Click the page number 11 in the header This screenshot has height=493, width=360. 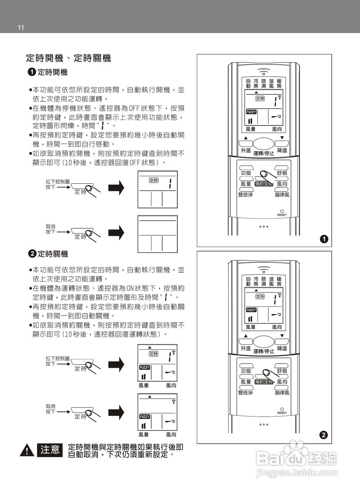(x=21, y=27)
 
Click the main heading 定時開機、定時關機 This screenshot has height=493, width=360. (x=68, y=58)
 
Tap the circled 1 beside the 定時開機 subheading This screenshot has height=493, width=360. (x=32, y=72)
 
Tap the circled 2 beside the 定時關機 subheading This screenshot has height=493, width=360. (x=32, y=254)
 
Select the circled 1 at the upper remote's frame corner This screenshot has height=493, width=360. (x=324, y=239)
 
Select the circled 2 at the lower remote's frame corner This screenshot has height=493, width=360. (x=324, y=435)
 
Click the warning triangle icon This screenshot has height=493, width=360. (x=27, y=450)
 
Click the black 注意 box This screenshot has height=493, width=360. (x=50, y=449)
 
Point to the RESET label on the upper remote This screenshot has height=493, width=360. (x=282, y=215)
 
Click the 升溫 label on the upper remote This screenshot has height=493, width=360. (x=246, y=151)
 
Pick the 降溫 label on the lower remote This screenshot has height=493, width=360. (x=282, y=348)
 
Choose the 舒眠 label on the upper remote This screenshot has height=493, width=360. (x=282, y=173)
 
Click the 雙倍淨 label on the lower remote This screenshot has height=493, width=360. (x=246, y=392)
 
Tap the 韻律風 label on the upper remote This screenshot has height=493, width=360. (x=282, y=195)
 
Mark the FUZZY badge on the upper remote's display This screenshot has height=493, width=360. (x=251, y=112)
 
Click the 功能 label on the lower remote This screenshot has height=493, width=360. (x=246, y=371)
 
